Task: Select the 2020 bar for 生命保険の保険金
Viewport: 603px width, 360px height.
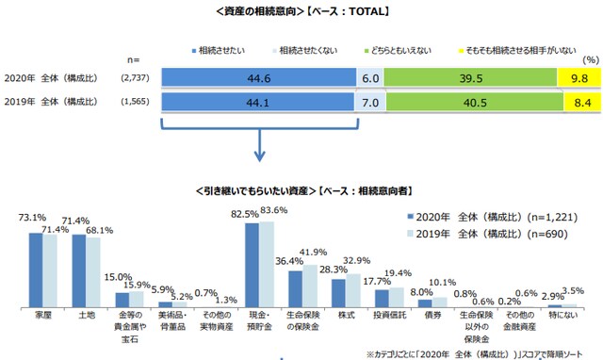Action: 296,288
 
